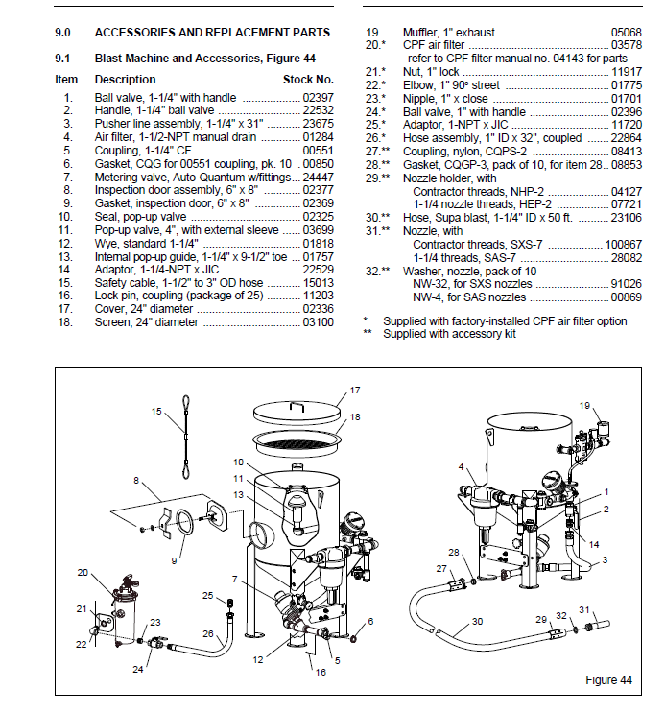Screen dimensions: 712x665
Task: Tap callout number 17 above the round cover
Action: point(354,391)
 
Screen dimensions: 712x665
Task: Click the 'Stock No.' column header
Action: point(308,79)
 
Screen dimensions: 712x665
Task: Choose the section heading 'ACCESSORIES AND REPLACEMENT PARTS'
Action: point(212,33)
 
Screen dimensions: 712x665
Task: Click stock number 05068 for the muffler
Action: point(613,33)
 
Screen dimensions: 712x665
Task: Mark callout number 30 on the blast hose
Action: point(476,622)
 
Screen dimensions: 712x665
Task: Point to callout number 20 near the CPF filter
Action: point(83,573)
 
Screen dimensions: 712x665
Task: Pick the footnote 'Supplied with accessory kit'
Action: point(449,334)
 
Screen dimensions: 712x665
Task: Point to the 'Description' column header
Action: point(125,79)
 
